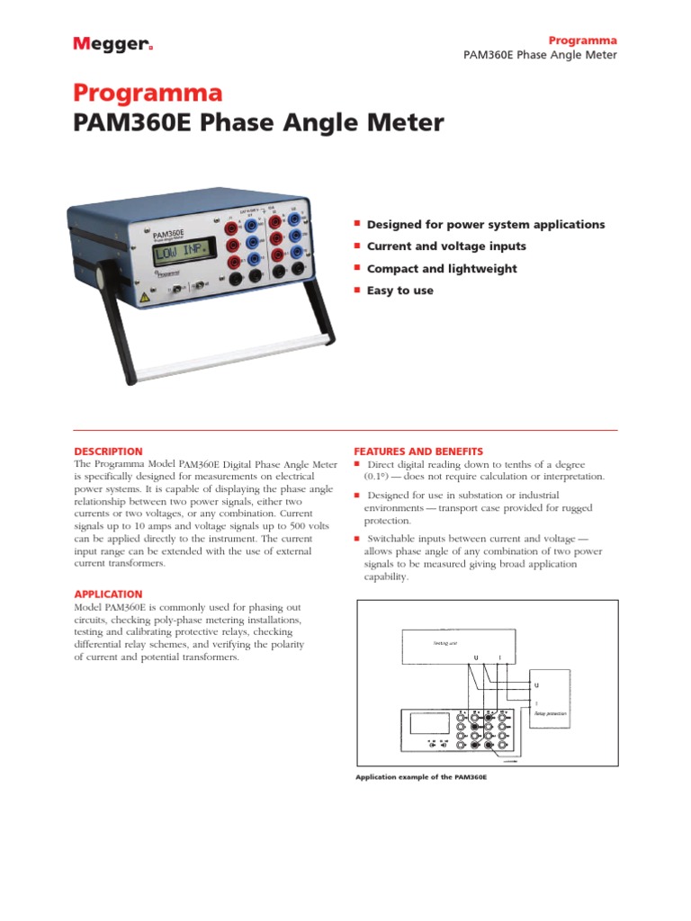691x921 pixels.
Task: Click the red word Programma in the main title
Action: tap(147, 94)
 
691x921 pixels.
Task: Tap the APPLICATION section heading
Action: tap(107, 595)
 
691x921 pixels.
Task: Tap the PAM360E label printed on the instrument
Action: tap(166, 236)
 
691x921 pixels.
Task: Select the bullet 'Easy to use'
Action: tap(399, 291)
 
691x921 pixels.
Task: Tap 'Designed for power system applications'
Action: tap(485, 224)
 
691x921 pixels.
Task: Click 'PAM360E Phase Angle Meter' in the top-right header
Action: tap(540, 56)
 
